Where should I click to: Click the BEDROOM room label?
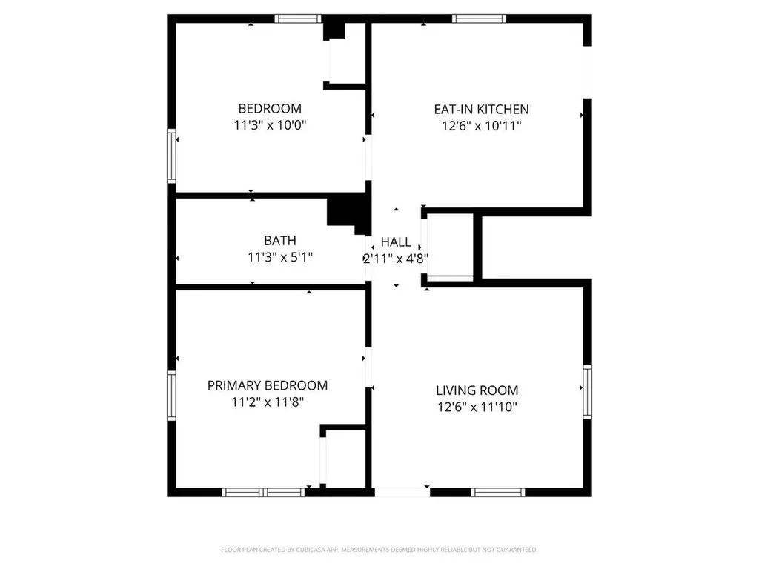point(269,108)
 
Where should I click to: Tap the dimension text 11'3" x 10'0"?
point(269,125)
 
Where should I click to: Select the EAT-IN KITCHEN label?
point(481,109)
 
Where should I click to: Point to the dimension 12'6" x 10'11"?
point(481,126)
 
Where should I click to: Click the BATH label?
point(279,240)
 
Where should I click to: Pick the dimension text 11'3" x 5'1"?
point(279,257)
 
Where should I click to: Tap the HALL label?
point(395,242)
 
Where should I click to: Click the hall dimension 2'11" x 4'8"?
point(395,259)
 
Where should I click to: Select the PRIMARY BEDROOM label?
point(267,385)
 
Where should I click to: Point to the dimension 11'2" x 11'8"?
point(267,402)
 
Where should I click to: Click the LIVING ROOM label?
point(477,390)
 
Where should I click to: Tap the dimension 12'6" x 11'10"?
point(477,407)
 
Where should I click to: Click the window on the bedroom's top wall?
point(298,19)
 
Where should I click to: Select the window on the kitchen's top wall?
point(479,19)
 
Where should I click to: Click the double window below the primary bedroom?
point(263,492)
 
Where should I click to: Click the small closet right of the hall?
point(450,246)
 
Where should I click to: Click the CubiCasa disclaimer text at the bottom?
point(379,550)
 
